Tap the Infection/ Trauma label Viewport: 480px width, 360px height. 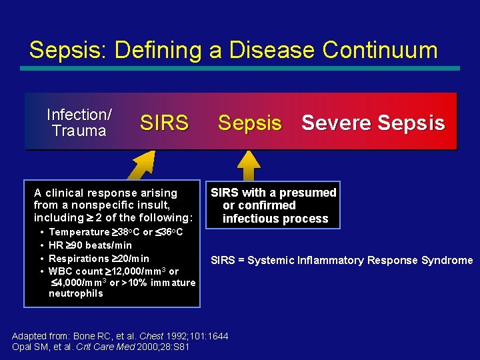point(79,123)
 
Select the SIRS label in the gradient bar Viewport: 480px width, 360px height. point(164,123)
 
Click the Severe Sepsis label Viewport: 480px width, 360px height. point(373,123)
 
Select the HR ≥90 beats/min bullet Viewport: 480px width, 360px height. point(90,245)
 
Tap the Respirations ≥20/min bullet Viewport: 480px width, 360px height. point(99,258)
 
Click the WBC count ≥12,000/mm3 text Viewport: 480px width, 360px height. point(113,271)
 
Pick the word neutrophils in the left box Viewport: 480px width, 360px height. point(76,293)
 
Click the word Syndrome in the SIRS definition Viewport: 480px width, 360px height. point(446,260)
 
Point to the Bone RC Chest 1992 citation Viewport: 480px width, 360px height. point(120,336)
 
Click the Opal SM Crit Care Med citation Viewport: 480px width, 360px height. point(101,347)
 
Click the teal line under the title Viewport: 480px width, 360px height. point(240,68)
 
